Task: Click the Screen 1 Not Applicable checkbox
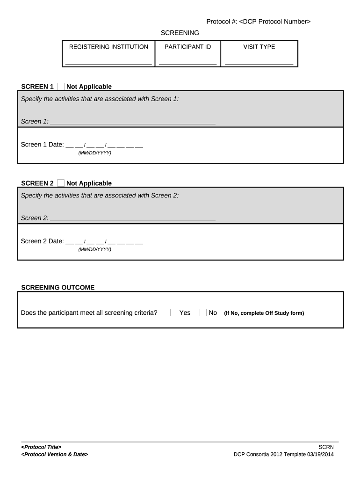(61, 87)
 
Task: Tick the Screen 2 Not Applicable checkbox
(61, 183)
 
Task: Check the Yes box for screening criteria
(173, 312)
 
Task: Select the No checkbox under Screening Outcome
(203, 312)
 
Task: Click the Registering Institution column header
(108, 47)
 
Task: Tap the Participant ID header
(187, 47)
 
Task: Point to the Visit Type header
(259, 47)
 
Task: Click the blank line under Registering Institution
(108, 62)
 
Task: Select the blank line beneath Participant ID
(187, 62)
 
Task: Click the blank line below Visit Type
(259, 62)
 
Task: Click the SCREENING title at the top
(180, 33)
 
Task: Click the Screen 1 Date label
(42, 145)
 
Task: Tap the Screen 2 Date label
(42, 241)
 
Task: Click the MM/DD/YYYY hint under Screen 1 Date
(95, 153)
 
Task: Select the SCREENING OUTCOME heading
(58, 288)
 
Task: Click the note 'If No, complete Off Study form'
(264, 313)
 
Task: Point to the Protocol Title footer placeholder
(41, 447)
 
